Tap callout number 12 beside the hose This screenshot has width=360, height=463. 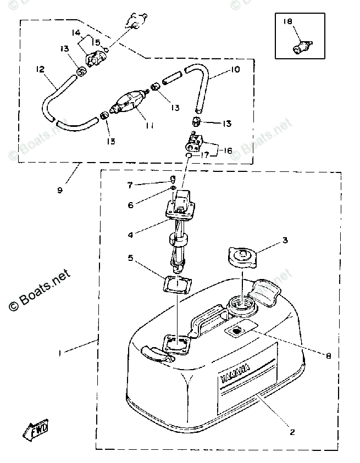[40, 70]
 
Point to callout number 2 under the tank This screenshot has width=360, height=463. [292, 432]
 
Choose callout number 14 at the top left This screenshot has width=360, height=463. [76, 33]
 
